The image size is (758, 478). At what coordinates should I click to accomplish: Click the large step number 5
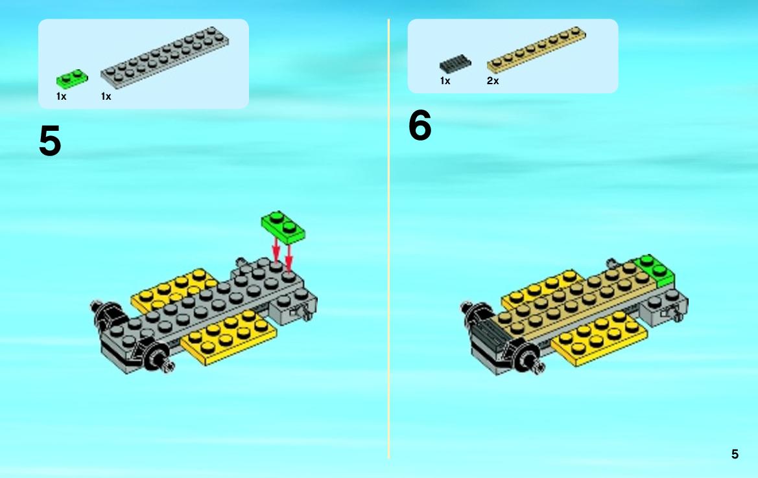point(50,141)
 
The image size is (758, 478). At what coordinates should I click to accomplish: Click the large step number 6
point(420,124)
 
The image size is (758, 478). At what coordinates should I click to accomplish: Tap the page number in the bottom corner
point(735,454)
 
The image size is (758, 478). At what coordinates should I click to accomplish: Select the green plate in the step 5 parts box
point(72,79)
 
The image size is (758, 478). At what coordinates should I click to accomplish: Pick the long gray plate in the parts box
point(164,57)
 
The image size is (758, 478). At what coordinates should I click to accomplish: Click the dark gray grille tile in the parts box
point(455,63)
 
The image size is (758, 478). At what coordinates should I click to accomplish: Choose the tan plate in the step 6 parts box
point(536,50)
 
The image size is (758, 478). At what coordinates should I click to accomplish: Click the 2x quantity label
point(493,80)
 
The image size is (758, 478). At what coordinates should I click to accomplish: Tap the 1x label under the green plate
point(61,96)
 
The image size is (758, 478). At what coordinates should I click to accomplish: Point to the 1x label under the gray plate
point(106,96)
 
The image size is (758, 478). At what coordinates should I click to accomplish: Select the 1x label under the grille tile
point(445,80)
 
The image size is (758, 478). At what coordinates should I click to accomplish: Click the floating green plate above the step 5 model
point(283,227)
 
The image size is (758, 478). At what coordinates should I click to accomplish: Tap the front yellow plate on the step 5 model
point(229,337)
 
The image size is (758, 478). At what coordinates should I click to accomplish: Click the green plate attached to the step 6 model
point(654,270)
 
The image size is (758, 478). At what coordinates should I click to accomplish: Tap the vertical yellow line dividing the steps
point(388,238)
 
